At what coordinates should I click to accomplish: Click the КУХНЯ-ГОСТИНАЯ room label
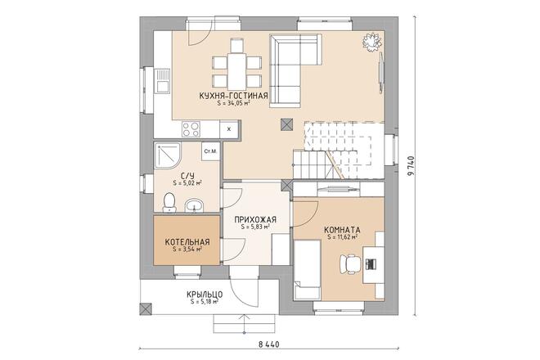pos(233,96)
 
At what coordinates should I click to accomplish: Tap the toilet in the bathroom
pos(169,202)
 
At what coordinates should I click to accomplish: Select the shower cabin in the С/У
pos(168,155)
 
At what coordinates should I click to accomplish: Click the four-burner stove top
pos(191,129)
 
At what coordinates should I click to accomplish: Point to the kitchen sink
pos(162,81)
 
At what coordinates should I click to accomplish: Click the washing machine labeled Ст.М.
pos(210,151)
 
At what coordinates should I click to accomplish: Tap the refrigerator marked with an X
pos(229,129)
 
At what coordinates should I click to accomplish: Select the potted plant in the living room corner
pos(371,43)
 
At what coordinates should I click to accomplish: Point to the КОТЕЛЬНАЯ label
pos(187,242)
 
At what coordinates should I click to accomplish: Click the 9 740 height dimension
pos(411,166)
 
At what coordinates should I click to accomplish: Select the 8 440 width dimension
pos(268,344)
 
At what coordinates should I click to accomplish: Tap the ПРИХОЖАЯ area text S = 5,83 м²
pos(255,227)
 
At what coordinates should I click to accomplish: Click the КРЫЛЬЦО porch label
pos(205,295)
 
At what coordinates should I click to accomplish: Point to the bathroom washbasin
pos(195,205)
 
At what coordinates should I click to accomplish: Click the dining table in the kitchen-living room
pos(236,70)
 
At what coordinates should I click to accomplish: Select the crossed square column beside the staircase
pos(287,124)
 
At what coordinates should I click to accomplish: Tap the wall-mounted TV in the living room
pos(381,72)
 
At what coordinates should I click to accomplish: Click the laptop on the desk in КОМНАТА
pos(371,264)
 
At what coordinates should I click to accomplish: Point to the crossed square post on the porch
pos(146,309)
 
